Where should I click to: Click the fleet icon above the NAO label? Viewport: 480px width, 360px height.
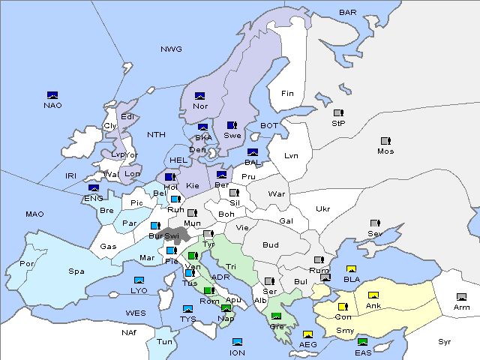52,95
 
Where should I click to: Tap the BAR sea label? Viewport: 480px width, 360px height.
348,13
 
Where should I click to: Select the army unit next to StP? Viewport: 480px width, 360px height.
338,113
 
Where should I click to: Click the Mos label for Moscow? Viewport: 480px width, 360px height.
385,151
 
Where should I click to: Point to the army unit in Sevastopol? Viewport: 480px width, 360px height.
375,223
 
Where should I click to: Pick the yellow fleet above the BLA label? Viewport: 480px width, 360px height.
351,269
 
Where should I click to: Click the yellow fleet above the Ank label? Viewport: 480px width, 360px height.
373,295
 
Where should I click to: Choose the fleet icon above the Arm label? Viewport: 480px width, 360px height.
461,297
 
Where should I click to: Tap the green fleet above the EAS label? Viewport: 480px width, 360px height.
363,343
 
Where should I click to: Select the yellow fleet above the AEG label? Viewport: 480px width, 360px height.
307,334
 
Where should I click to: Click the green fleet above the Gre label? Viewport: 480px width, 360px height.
276,316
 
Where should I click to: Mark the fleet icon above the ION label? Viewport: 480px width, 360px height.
238,342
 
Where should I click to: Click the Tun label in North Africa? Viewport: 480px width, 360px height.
164,341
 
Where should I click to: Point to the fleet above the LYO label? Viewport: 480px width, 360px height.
139,280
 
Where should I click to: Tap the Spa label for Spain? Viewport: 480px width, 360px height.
76,271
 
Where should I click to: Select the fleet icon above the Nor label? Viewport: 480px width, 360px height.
200,96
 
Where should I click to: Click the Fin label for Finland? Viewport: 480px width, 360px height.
287,94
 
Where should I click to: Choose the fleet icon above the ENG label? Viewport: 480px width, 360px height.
94,188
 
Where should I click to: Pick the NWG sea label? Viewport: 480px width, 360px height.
171,49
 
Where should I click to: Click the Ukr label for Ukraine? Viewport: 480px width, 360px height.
322,209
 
